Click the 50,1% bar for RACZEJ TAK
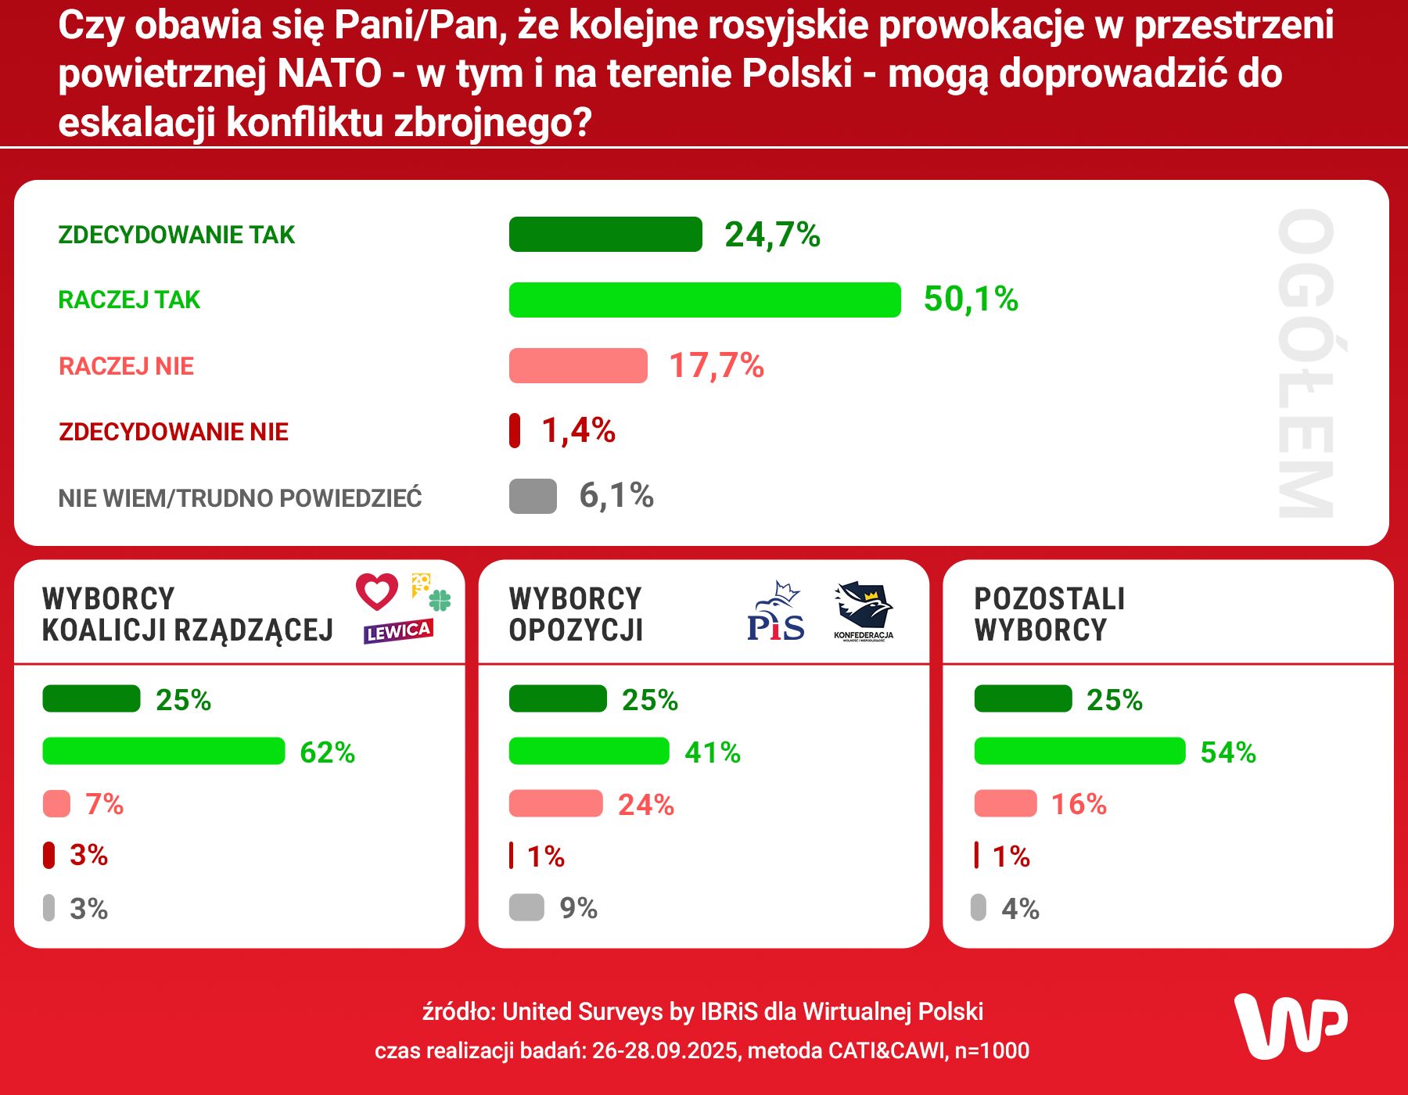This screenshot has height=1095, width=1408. coord(704,300)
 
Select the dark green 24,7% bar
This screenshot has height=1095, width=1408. coord(605,235)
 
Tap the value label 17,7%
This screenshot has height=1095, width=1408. coord(717,365)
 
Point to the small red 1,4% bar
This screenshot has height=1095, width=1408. coord(515,430)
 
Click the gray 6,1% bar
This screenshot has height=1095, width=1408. coord(533,496)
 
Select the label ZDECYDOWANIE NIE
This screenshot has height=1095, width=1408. coord(174,432)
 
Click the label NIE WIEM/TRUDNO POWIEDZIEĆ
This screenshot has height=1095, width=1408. coord(240,498)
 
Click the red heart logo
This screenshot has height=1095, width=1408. coord(377,591)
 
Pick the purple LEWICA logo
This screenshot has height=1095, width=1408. coord(398,631)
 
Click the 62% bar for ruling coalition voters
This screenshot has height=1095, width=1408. coord(163,751)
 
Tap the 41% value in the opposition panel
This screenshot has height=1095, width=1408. coord(713,752)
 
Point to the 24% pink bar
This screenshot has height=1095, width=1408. coord(555,803)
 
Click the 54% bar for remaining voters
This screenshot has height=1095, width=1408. coord(1079,751)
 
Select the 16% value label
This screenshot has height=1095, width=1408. coord(1079,804)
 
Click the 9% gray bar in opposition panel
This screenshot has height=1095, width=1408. coord(526,907)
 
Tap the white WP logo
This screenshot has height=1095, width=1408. coord(1291,1026)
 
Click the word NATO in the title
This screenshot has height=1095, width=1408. coord(329,74)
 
